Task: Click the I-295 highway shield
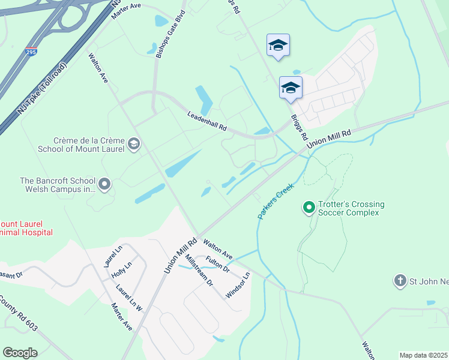31,52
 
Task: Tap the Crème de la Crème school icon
134,143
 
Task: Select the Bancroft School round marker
105,184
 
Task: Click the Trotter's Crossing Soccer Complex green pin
309,208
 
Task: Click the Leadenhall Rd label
206,121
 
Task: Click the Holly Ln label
121,271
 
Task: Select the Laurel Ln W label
130,297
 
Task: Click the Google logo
20,352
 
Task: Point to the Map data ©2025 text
423,355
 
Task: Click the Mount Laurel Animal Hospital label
26,227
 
